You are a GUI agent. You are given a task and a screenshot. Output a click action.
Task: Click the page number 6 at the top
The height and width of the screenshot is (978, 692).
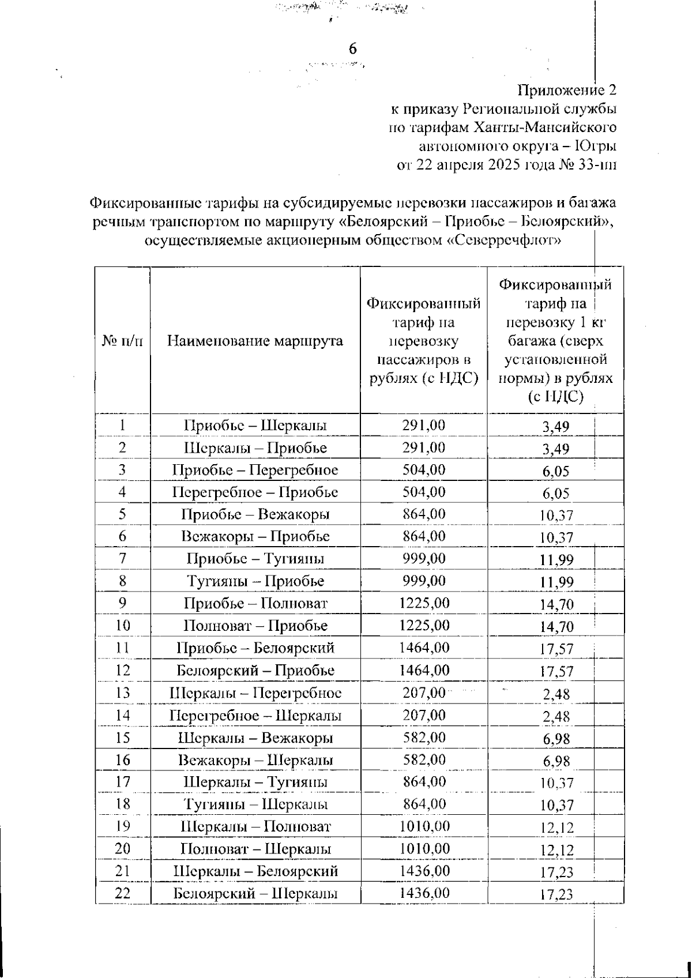[353, 50]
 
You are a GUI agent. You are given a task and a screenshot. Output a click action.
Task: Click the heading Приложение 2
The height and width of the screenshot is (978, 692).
[567, 91]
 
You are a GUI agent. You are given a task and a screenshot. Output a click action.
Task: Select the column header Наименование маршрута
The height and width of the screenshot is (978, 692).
[255, 341]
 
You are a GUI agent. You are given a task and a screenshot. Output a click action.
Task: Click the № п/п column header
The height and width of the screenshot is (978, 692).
[122, 341]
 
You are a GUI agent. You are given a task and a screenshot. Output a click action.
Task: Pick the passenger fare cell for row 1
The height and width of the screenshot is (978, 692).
[424, 426]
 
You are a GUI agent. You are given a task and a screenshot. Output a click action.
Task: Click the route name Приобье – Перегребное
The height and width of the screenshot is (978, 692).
[255, 470]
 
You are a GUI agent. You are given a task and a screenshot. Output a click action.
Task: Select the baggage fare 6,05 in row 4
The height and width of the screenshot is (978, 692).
[555, 494]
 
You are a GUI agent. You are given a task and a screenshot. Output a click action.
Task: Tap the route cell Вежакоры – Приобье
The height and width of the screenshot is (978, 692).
[255, 536]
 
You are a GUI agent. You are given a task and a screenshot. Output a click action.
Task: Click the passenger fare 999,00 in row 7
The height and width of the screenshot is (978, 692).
[424, 558]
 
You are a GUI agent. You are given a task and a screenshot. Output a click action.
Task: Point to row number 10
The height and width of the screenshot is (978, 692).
[122, 626]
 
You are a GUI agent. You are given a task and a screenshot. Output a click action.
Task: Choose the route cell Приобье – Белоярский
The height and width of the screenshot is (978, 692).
[255, 648]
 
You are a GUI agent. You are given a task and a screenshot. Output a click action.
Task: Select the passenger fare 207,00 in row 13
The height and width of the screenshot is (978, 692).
[424, 693]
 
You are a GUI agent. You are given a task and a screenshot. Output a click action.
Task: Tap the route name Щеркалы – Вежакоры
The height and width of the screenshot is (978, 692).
[255, 738]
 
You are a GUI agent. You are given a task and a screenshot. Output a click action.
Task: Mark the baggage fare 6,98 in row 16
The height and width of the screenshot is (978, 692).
[556, 761]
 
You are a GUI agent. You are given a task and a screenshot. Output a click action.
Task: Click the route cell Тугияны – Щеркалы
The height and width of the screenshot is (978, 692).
[255, 804]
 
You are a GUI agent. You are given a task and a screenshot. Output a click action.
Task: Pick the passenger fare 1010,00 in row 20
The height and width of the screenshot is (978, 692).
[424, 849]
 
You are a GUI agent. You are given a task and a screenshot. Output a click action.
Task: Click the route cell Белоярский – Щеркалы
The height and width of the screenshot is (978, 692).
[255, 894]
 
